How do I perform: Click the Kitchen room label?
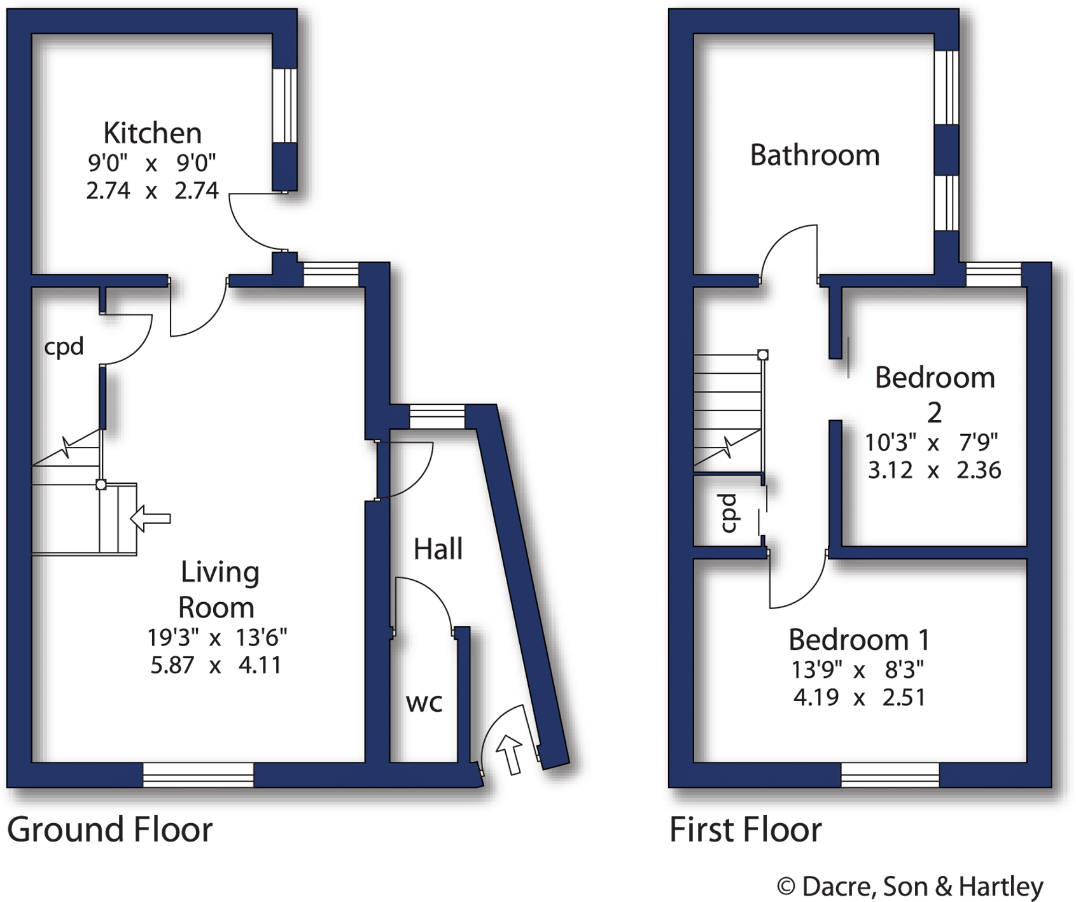coord(152,133)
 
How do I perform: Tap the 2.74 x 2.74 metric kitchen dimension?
coord(152,190)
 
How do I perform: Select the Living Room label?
coord(218,589)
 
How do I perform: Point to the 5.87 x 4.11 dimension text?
coord(216,665)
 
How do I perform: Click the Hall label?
coord(438,549)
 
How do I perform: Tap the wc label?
coord(424,703)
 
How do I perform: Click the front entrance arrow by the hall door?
coord(510,754)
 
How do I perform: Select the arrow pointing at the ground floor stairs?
coord(150,518)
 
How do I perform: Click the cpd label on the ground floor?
coord(64,347)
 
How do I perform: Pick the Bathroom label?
coord(814,155)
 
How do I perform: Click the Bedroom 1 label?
coord(858,639)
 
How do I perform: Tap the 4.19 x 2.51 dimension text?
coord(858,698)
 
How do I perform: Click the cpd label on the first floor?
coord(729,513)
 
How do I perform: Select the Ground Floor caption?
coord(109,829)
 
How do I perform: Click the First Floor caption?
coord(745,829)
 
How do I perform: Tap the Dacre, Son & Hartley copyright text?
coord(910,885)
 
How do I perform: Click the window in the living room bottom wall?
coord(198,775)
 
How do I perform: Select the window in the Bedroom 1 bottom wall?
coord(890,775)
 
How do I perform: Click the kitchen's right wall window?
coord(284,105)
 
